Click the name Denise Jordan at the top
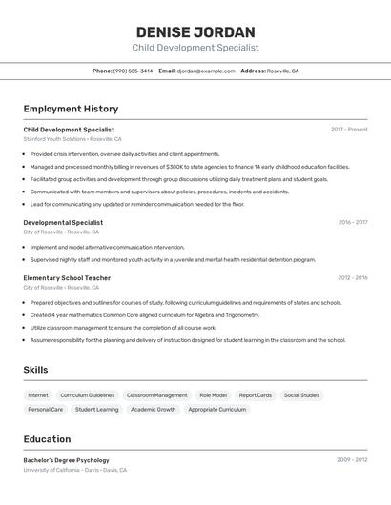pos(195,31)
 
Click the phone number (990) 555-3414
pos(133,71)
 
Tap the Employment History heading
pos(71,109)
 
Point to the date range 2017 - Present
pos(349,129)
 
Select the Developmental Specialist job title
pos(63,222)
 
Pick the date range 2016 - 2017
pos(352,222)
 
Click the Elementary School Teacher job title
pos(67,278)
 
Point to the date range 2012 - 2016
pos(352,278)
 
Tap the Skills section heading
pos(35,370)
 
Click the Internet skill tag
pos(38,394)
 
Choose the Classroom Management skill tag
pos(156,394)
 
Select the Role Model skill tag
pos(213,394)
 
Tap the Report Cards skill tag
pos(255,394)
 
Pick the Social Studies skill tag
pos(301,394)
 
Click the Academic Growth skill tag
pos(154,409)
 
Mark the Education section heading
pos(47,439)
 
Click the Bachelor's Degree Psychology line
pos(66,460)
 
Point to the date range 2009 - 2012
pos(352,459)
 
